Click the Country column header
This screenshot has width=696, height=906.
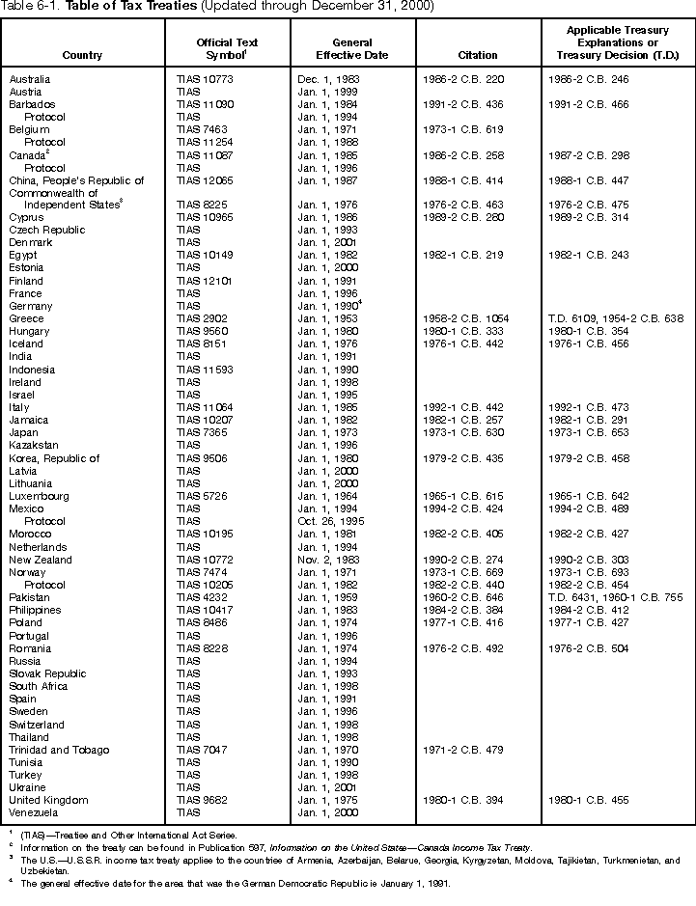82,55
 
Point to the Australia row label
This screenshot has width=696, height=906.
30,78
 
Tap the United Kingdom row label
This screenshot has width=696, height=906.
48,800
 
